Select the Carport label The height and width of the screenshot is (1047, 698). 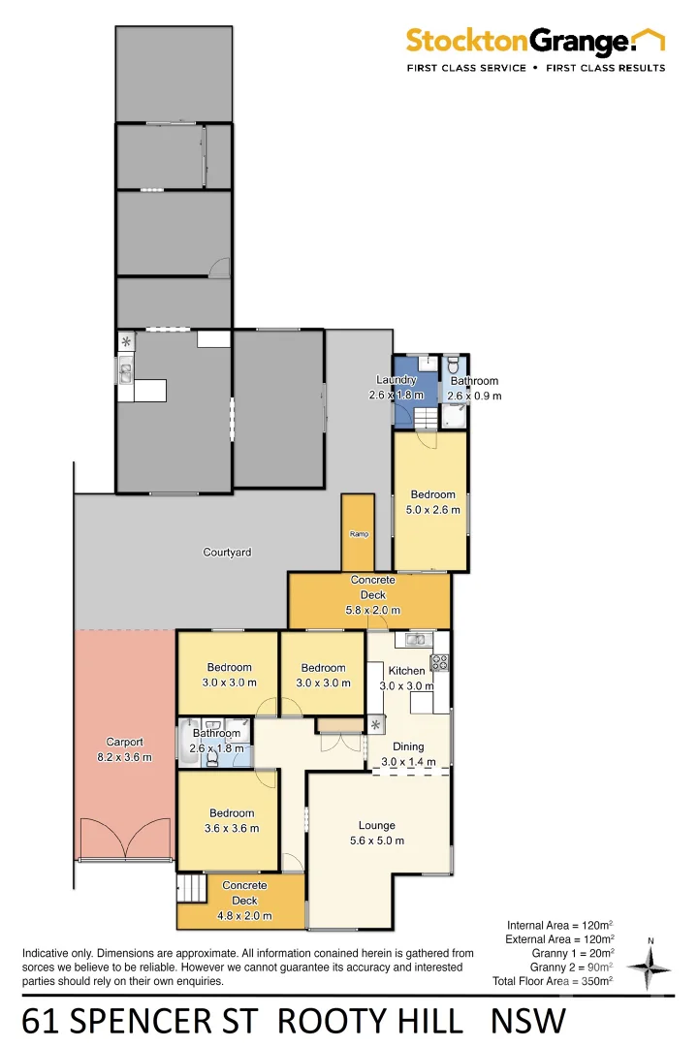[x=124, y=743]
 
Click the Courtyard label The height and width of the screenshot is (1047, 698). [x=227, y=553]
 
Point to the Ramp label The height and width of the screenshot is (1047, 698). [x=358, y=534]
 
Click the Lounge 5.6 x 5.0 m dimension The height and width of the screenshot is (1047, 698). [x=376, y=841]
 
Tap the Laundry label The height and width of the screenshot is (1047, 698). [x=397, y=380]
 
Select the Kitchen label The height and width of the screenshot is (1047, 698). [x=406, y=671]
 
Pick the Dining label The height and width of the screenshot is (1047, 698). [x=407, y=746]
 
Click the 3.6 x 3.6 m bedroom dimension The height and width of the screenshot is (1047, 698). [x=230, y=829]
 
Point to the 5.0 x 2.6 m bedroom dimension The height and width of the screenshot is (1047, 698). [x=432, y=510]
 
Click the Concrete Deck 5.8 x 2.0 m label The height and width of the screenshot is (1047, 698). [x=372, y=595]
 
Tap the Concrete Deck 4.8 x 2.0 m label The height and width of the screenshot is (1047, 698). [x=244, y=901]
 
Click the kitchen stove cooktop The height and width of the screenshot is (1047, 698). [x=439, y=663]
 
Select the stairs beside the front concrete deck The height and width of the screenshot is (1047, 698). [x=193, y=888]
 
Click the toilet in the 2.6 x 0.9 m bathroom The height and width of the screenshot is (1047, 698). [x=454, y=365]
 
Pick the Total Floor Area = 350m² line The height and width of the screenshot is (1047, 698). [x=553, y=982]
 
